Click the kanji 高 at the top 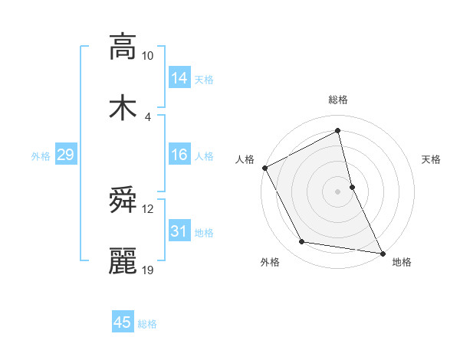click(123, 47)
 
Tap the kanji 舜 click(123, 201)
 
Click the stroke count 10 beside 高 click(148, 56)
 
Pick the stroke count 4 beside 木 click(148, 116)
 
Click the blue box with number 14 click(179, 77)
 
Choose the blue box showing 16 click(179, 155)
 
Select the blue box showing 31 click(179, 232)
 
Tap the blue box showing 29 click(65, 155)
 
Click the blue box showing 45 click(123, 322)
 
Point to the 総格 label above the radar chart click(338, 100)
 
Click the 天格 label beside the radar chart click(432, 159)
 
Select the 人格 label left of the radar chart click(245, 159)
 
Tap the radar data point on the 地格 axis click(383, 253)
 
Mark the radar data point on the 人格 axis click(265, 167)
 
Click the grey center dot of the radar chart click(338, 191)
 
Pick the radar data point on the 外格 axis click(302, 241)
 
